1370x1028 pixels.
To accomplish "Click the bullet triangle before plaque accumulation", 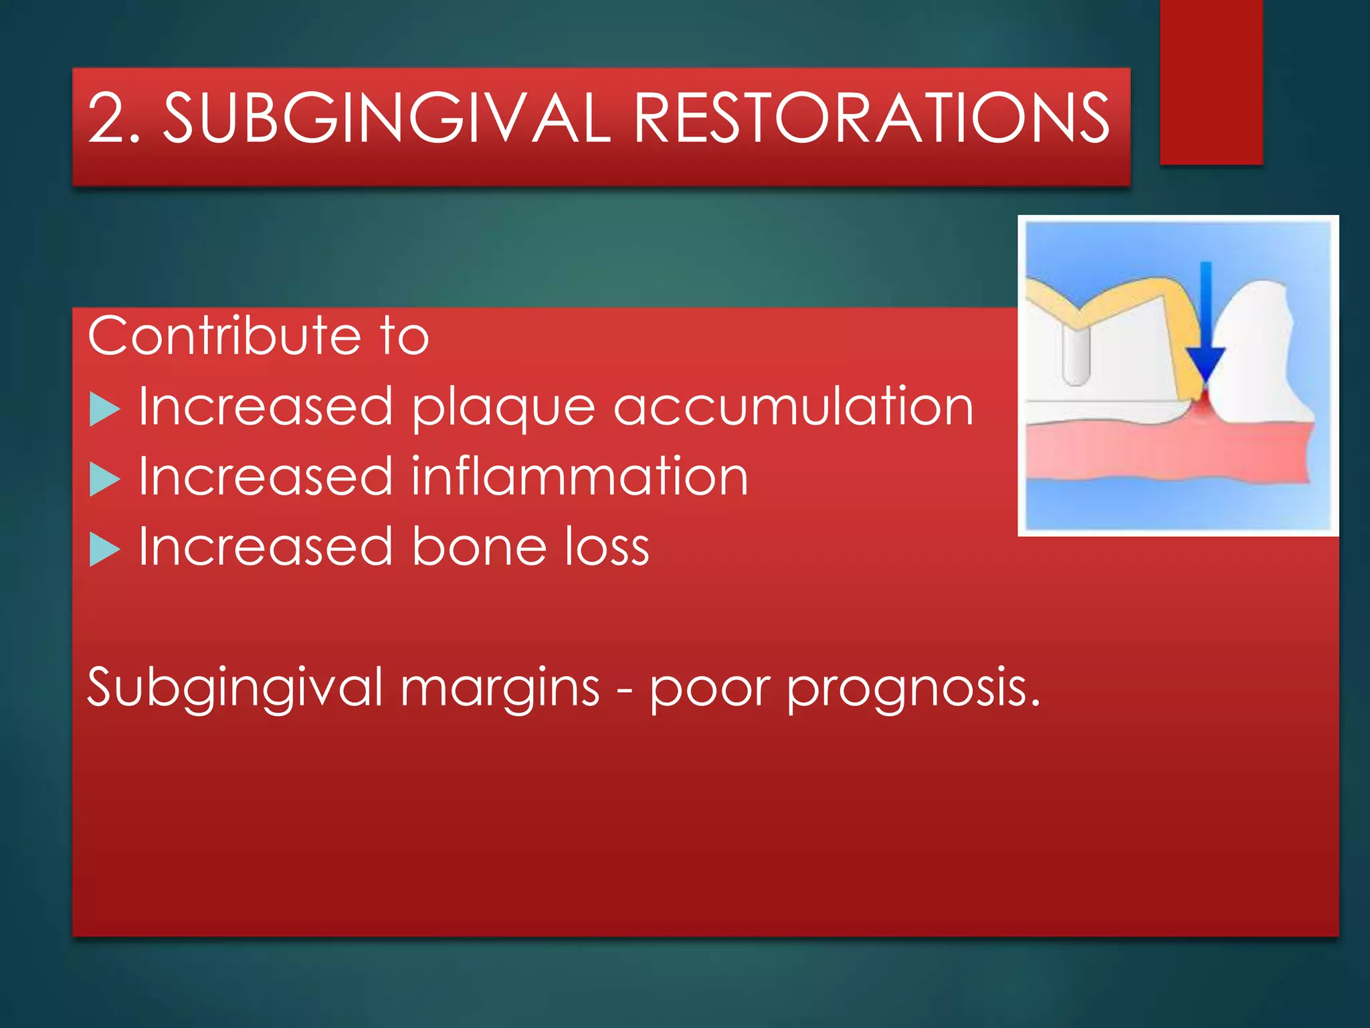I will click(x=104, y=408).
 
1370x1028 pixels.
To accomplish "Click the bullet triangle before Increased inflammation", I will click(x=104, y=479).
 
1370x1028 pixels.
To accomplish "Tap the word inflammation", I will click(x=579, y=477).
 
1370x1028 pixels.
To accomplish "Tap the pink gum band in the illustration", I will click(x=1164, y=452).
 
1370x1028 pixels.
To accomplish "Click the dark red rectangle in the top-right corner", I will click(x=1211, y=80).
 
